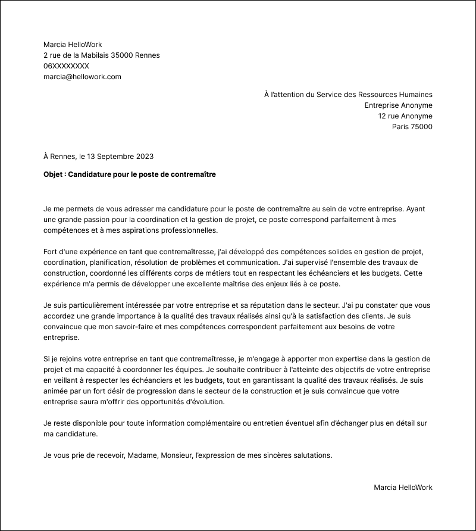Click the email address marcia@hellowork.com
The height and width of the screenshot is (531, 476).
point(82,77)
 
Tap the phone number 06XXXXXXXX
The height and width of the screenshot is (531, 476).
point(66,66)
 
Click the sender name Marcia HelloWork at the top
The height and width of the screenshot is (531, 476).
point(73,45)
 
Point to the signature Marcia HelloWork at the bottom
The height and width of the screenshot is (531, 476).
point(403,488)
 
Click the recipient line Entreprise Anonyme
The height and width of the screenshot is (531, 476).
point(398,105)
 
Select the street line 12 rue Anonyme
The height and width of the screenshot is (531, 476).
point(405,116)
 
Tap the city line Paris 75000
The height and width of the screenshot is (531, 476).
point(412,127)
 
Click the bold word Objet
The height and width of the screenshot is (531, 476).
point(54,174)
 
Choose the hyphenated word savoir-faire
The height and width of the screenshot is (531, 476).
point(126,327)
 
